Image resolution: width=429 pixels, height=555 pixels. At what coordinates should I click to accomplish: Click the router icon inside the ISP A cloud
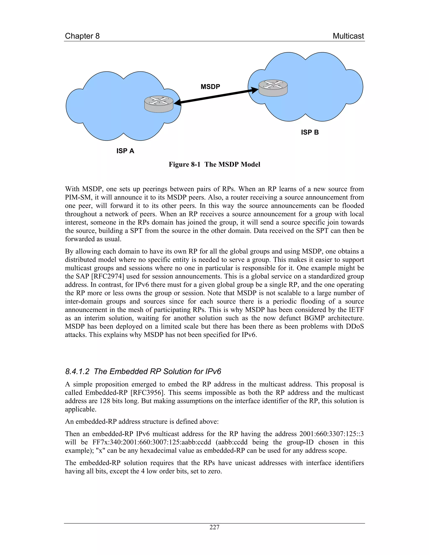point(159,104)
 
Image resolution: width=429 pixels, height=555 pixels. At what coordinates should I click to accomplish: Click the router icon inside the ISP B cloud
point(273,88)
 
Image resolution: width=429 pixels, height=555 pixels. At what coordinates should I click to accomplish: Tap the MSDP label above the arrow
point(210,87)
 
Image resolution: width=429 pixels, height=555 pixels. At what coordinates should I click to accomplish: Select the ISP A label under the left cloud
point(125,151)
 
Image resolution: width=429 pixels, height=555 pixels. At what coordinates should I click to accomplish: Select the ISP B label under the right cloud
point(310,132)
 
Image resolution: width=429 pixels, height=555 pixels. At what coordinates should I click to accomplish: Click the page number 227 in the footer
point(214,527)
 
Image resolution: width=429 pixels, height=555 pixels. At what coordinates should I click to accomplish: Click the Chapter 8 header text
point(82,36)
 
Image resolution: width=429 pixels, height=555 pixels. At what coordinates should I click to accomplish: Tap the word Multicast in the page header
point(348,36)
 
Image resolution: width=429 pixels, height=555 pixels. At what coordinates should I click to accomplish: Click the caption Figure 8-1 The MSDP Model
point(214,164)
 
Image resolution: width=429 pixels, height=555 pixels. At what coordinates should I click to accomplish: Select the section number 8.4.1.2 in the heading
point(77,372)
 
